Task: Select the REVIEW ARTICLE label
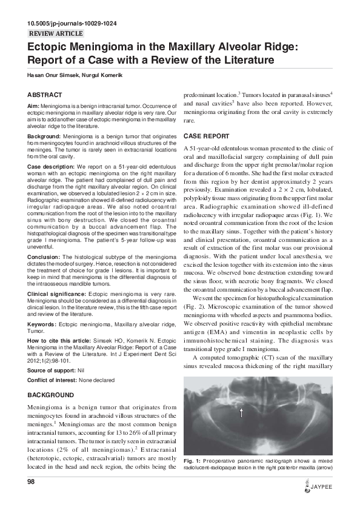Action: [56, 33]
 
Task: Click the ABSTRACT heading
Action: [45, 95]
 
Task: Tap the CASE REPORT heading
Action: [206, 136]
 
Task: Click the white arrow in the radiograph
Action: [241, 413]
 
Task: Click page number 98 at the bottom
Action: [32, 481]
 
